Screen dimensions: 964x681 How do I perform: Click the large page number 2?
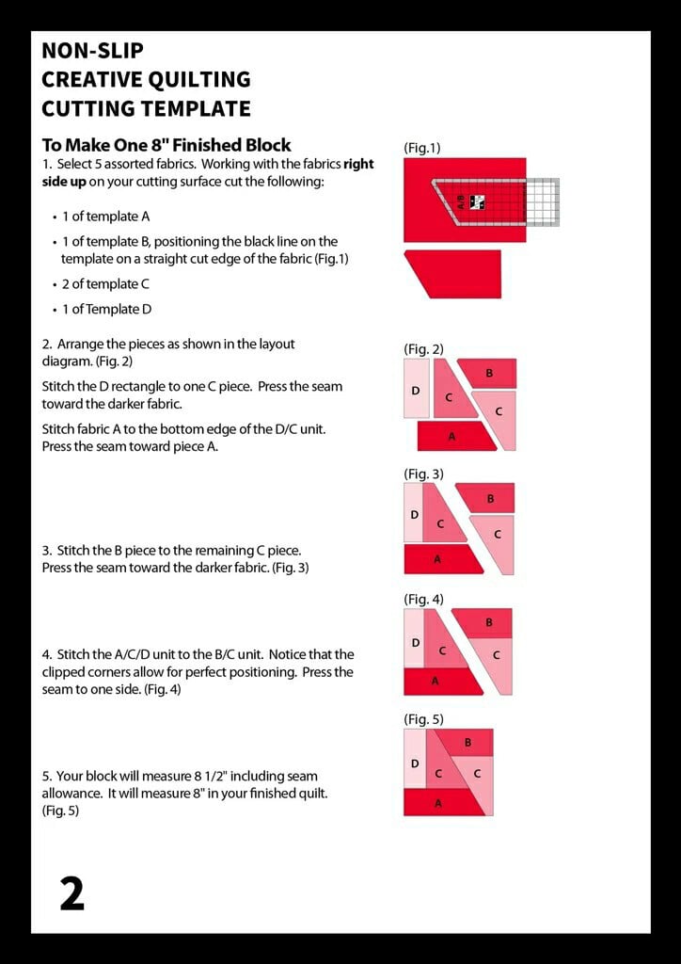(71, 893)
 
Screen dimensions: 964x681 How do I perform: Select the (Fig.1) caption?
(421, 148)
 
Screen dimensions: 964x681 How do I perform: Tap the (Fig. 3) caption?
(423, 474)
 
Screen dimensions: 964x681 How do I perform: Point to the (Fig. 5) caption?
(423, 719)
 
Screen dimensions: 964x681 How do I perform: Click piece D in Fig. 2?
(416, 389)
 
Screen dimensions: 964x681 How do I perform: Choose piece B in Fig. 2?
(489, 374)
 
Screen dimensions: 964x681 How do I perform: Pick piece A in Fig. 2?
(451, 436)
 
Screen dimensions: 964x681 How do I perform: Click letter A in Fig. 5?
(437, 803)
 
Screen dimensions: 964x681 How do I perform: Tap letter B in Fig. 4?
(489, 622)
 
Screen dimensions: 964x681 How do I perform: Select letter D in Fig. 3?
(414, 515)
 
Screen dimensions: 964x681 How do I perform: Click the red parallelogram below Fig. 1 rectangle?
(452, 272)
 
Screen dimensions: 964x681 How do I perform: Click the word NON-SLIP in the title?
(92, 51)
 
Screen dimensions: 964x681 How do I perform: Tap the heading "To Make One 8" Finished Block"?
(166, 145)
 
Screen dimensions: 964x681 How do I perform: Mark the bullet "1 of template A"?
(106, 217)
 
